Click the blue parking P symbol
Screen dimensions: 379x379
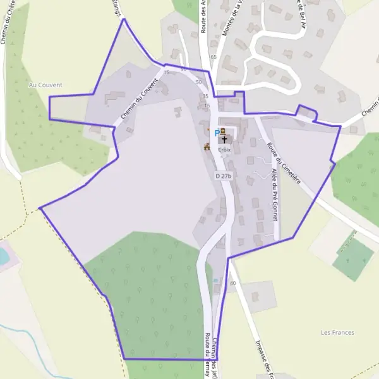[x=217, y=133]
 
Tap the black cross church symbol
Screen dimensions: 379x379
[x=224, y=139]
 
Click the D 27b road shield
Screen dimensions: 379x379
[x=224, y=176]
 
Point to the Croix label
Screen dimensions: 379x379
[x=224, y=150]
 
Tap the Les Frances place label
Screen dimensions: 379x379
[x=337, y=332]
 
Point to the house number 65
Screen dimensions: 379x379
[x=214, y=57]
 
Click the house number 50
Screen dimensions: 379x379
[x=198, y=82]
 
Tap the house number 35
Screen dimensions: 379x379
[x=205, y=96]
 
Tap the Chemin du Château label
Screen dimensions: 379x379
[x=10, y=22]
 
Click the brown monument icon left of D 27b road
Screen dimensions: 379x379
[x=207, y=147]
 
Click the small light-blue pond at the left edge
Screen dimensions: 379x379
[x=3, y=256]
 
